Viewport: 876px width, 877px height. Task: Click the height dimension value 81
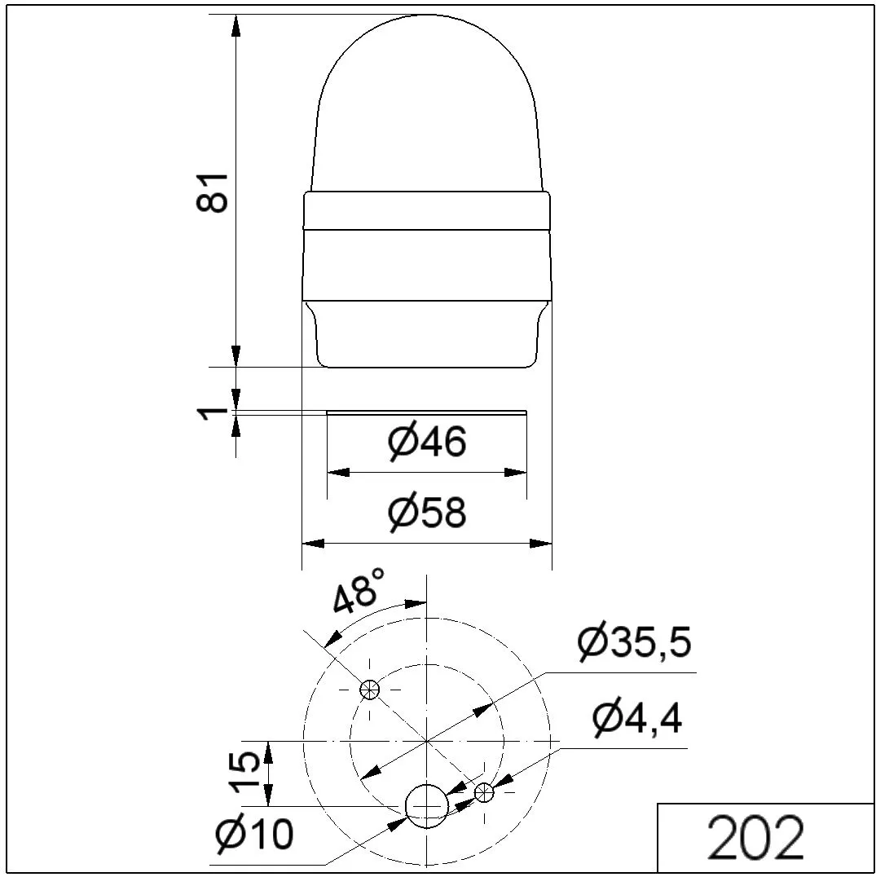click(213, 193)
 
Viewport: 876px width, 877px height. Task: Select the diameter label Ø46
click(426, 441)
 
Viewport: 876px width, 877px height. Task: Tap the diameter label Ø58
click(426, 512)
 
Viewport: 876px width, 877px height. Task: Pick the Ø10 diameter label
click(254, 834)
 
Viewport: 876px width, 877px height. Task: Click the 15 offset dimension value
click(244, 773)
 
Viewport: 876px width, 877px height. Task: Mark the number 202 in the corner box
click(755, 837)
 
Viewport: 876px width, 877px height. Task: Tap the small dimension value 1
click(213, 413)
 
